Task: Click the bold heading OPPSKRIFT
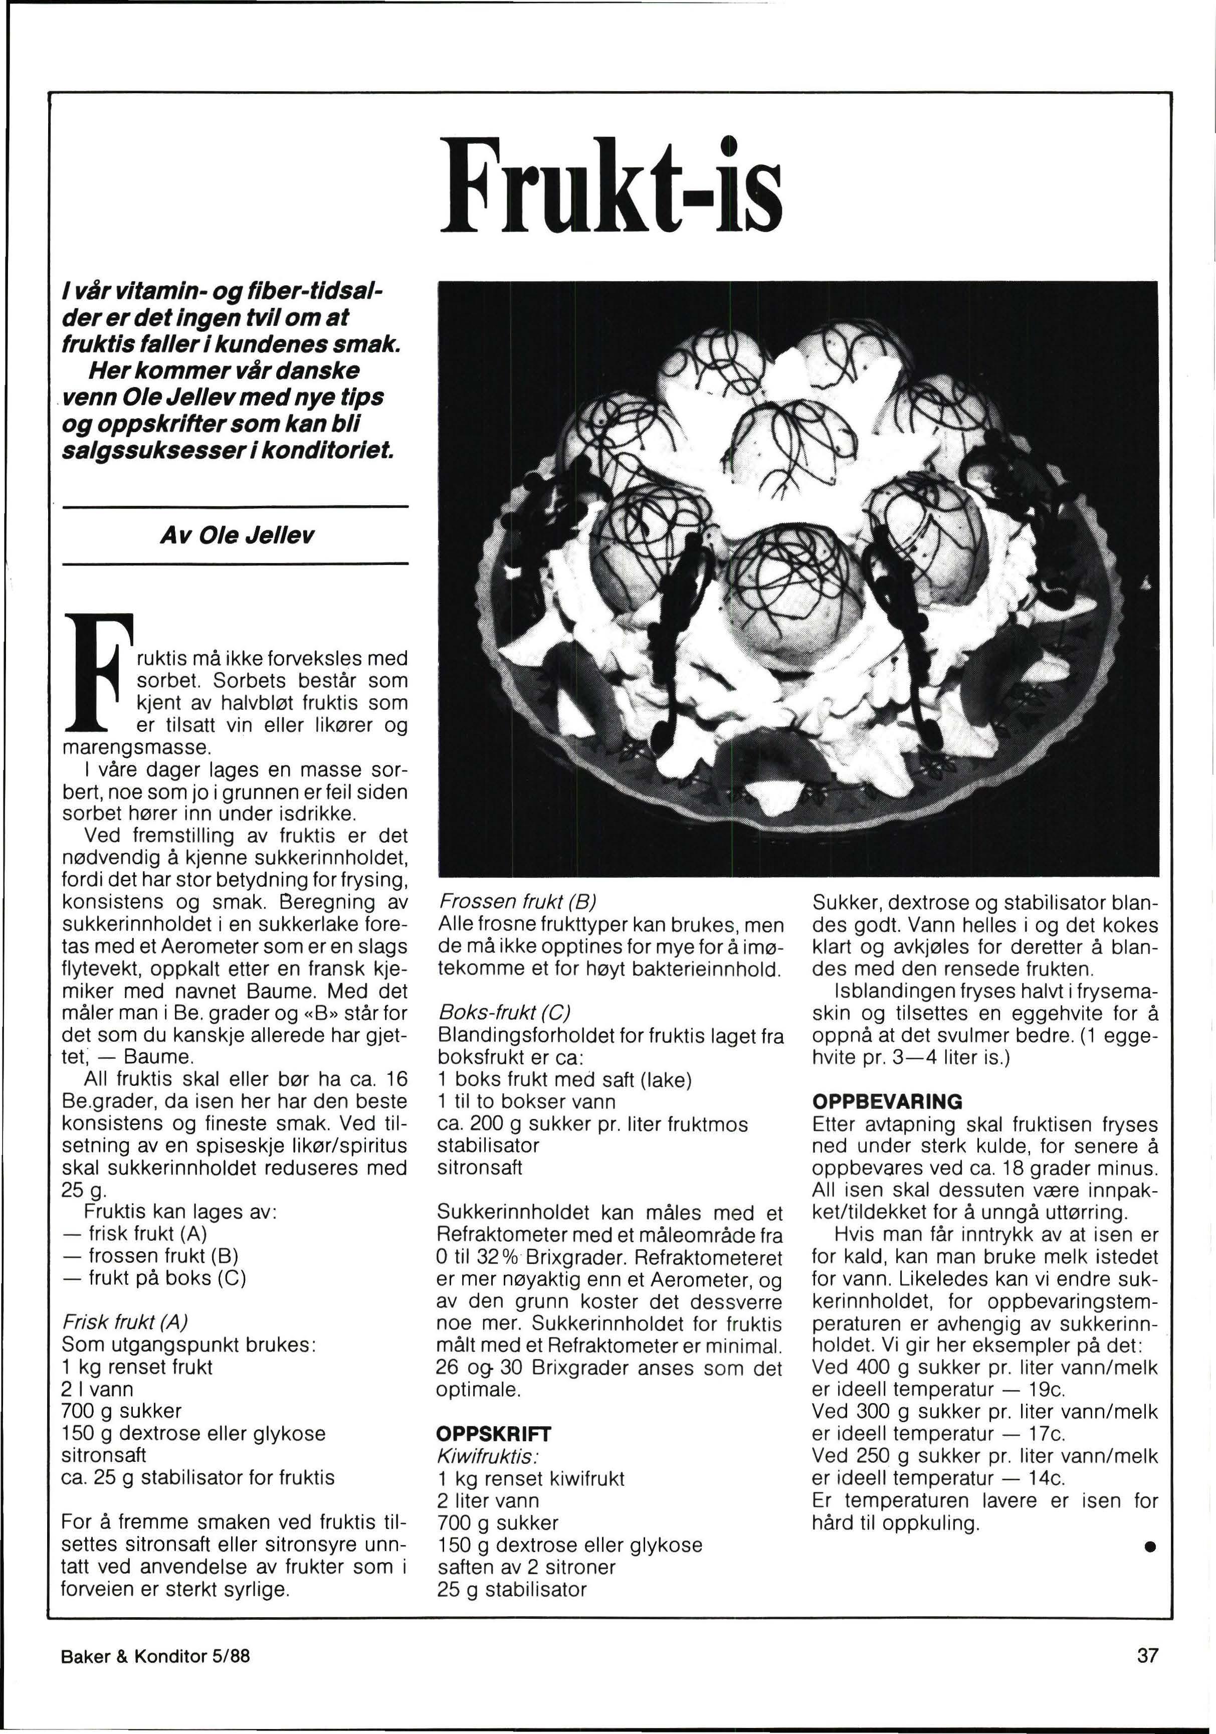pos(494,1433)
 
